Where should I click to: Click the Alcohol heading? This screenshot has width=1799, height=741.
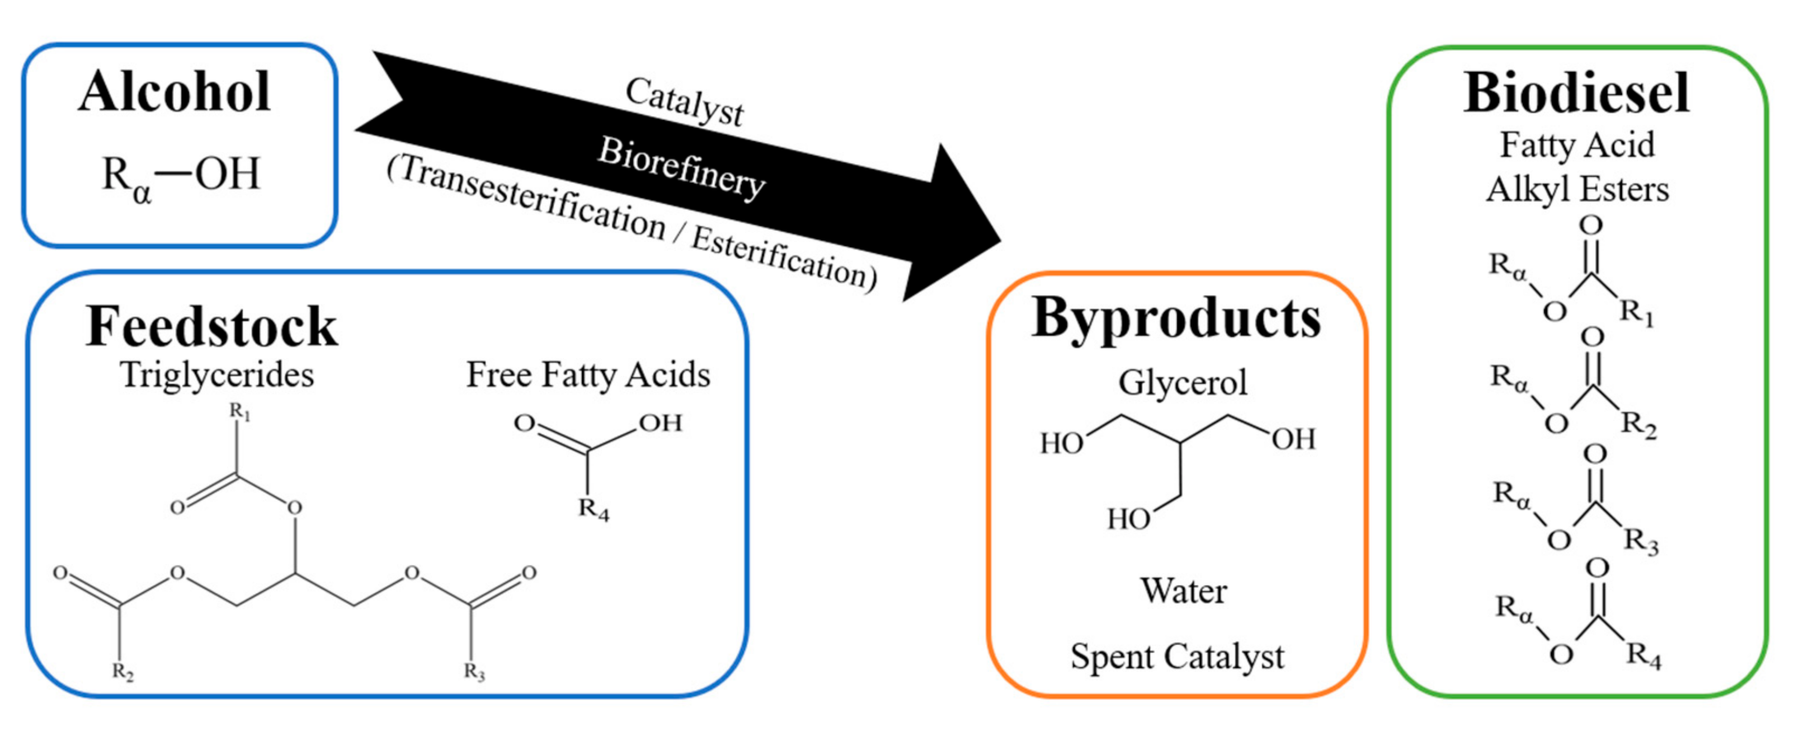click(174, 92)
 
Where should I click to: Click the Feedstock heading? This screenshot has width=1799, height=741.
click(211, 326)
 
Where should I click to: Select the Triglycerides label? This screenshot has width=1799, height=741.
click(216, 375)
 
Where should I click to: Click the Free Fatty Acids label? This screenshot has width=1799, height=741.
click(588, 375)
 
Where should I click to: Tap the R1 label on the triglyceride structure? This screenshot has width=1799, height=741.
click(239, 412)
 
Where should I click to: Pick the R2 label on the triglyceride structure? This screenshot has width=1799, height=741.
click(123, 672)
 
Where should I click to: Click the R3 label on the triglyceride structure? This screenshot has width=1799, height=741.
click(474, 672)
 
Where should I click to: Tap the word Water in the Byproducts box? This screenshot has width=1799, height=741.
click(1183, 591)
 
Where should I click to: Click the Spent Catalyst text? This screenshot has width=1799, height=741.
click(1177, 656)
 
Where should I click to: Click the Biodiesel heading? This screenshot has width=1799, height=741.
click(1576, 93)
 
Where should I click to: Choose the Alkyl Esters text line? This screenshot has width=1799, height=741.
click(1577, 190)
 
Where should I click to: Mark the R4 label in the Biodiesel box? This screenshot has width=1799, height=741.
click(1643, 656)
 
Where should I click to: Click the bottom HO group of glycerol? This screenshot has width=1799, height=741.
click(1128, 519)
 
